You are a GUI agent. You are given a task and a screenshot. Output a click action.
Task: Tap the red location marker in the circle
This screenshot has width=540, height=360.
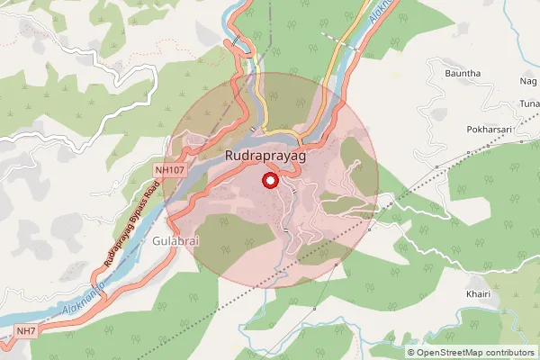(x=269, y=181)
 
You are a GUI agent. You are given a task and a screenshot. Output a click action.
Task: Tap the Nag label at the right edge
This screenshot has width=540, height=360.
(x=528, y=81)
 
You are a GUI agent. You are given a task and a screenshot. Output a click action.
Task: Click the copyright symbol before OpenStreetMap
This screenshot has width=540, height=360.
(x=411, y=352)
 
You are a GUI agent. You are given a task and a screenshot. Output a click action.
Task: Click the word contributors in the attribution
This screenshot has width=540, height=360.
(x=508, y=352)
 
